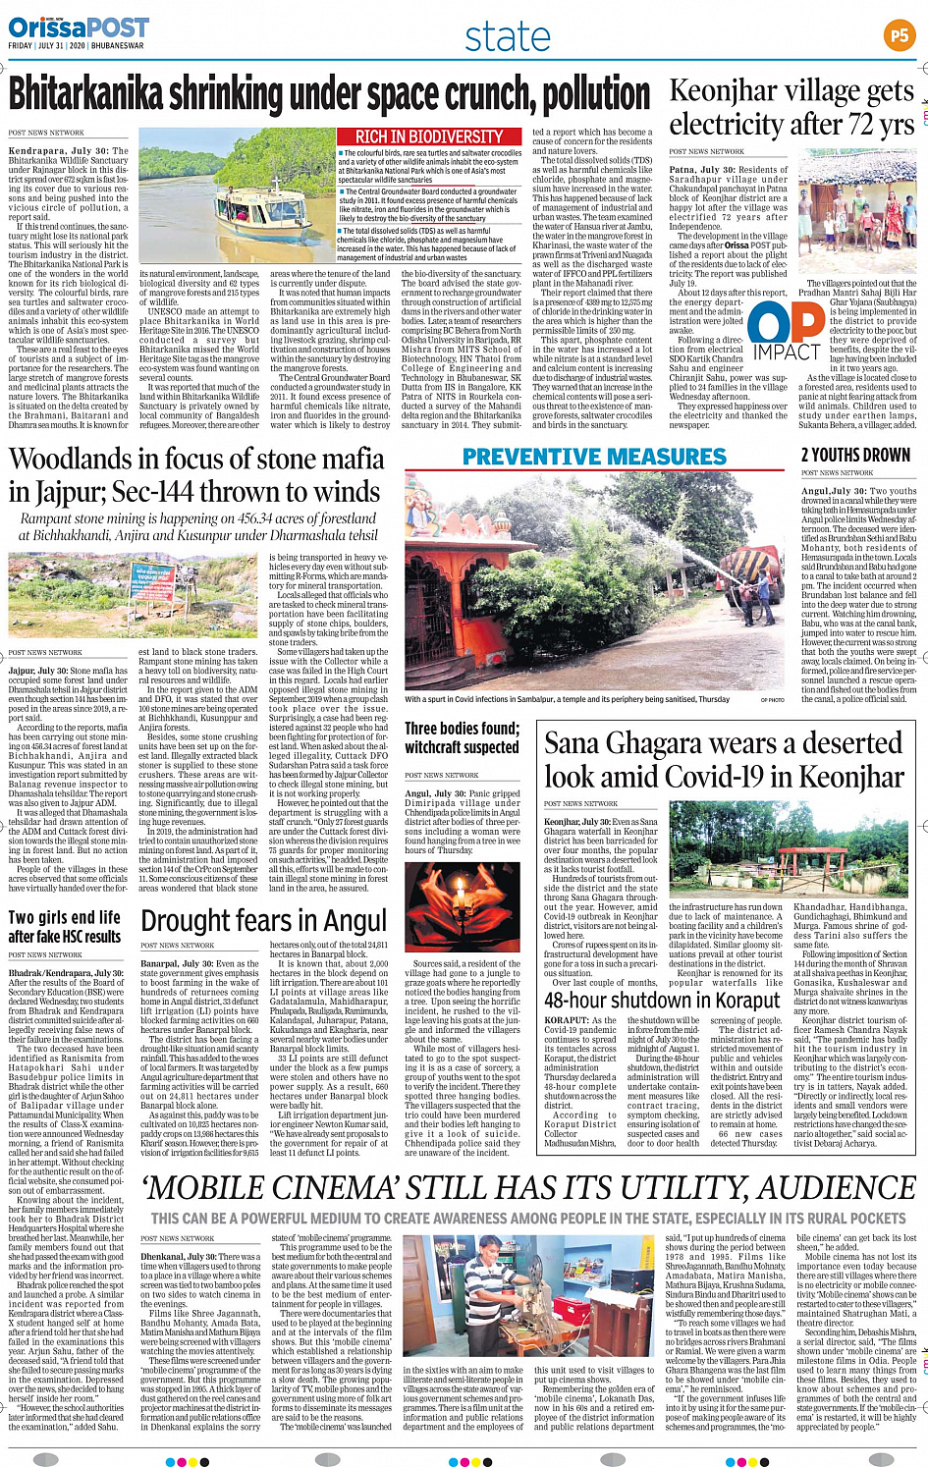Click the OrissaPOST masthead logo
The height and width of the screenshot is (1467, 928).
(66, 27)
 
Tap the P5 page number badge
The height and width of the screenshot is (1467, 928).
(899, 36)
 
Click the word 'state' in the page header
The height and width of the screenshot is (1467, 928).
(507, 37)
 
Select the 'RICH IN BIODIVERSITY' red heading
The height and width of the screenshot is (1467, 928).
(429, 136)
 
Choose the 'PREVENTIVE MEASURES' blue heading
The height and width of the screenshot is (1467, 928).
(594, 457)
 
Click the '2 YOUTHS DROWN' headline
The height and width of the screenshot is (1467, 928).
(855, 455)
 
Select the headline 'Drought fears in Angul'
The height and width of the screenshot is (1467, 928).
(263, 921)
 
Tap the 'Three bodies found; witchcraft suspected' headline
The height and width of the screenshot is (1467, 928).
(462, 737)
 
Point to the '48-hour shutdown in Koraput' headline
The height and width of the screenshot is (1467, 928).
(662, 1000)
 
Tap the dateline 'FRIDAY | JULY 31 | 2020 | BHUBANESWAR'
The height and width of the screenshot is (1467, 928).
(76, 45)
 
